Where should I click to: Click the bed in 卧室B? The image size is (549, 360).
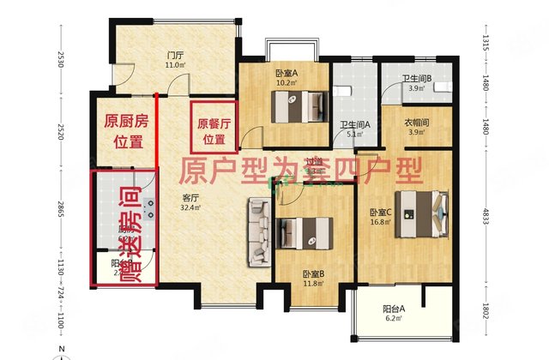tap(305, 232)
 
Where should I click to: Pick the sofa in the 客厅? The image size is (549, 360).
tap(258, 231)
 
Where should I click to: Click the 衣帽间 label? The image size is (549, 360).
tap(416, 126)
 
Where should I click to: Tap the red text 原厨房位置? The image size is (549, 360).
tap(124, 131)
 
